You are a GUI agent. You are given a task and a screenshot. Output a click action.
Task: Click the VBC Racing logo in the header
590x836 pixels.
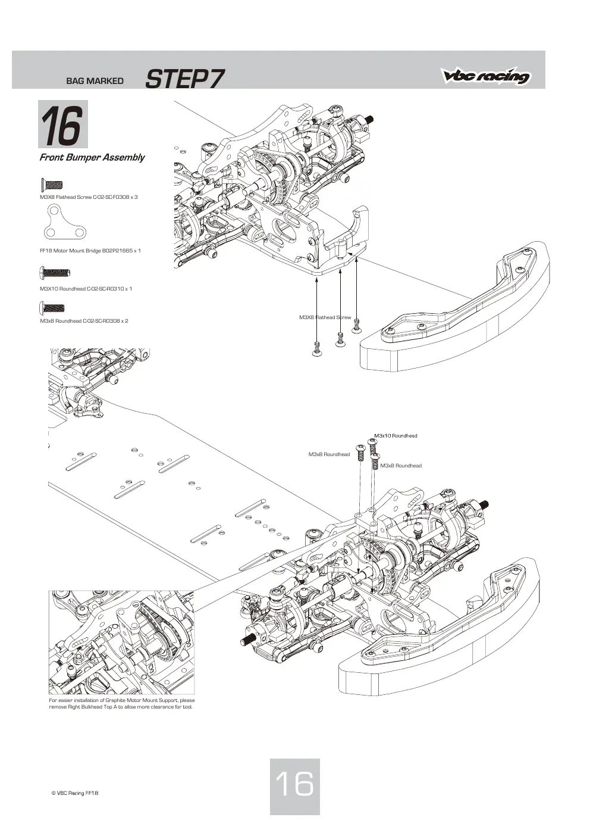click(x=486, y=76)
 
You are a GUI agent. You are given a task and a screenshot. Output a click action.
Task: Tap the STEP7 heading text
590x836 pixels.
click(x=184, y=79)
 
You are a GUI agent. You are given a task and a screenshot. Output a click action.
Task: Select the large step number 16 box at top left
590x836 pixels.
click(x=63, y=124)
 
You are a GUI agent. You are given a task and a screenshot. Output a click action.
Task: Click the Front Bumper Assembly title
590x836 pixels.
click(x=92, y=157)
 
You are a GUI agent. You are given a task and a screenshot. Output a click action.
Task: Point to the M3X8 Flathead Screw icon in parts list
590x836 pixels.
click(x=51, y=185)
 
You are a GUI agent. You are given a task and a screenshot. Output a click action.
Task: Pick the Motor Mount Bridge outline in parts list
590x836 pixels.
click(x=64, y=222)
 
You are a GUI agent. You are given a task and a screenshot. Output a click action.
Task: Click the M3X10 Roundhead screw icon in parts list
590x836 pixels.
click(x=55, y=273)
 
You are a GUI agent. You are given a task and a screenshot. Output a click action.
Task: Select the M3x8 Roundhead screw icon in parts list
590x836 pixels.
click(x=52, y=308)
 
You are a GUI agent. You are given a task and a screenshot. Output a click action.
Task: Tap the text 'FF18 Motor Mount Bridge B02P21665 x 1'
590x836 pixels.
click(x=90, y=251)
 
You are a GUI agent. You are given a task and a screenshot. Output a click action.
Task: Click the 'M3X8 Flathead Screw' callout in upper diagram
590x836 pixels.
click(x=325, y=317)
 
